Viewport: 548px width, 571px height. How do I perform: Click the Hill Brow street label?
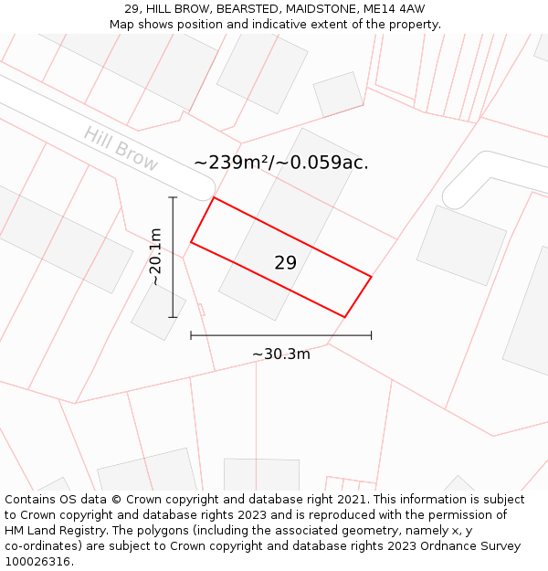coord(121,149)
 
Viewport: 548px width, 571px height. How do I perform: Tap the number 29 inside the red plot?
coord(285,263)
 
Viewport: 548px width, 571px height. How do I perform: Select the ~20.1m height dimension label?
coord(156,257)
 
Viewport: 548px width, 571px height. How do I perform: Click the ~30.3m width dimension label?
coord(281,354)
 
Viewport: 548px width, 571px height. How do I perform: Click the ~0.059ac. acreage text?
coord(323,163)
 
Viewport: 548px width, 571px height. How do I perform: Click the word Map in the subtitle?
coord(122,25)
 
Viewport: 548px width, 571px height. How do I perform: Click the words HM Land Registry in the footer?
coord(51,531)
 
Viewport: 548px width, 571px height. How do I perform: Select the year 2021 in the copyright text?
coord(352,500)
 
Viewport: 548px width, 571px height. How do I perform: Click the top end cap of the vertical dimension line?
coord(173,196)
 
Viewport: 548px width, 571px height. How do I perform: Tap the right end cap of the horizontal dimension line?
coord(371,335)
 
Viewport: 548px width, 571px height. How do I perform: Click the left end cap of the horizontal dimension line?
coord(191,335)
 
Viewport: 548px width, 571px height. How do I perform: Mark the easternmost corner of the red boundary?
coord(371,276)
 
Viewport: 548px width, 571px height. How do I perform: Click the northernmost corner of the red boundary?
coord(214,197)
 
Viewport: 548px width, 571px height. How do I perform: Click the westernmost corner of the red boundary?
coord(191,242)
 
